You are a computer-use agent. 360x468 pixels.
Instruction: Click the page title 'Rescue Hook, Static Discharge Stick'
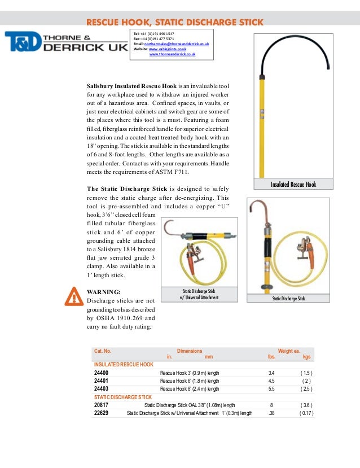174,23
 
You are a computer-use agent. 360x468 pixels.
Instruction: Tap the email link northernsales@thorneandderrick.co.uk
177,43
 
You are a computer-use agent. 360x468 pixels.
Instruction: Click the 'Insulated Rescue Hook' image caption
293,184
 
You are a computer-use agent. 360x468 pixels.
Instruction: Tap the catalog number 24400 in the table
102,373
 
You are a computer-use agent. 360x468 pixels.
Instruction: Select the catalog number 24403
102,389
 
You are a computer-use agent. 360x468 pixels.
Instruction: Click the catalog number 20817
102,405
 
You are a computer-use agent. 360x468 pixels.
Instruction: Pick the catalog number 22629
102,413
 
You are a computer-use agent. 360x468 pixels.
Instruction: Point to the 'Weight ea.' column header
288,351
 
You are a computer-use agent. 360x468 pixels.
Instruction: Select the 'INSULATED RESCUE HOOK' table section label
124,365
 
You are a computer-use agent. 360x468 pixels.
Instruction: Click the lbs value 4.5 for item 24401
271,381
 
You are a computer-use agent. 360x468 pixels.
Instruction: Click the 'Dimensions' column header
190,351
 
